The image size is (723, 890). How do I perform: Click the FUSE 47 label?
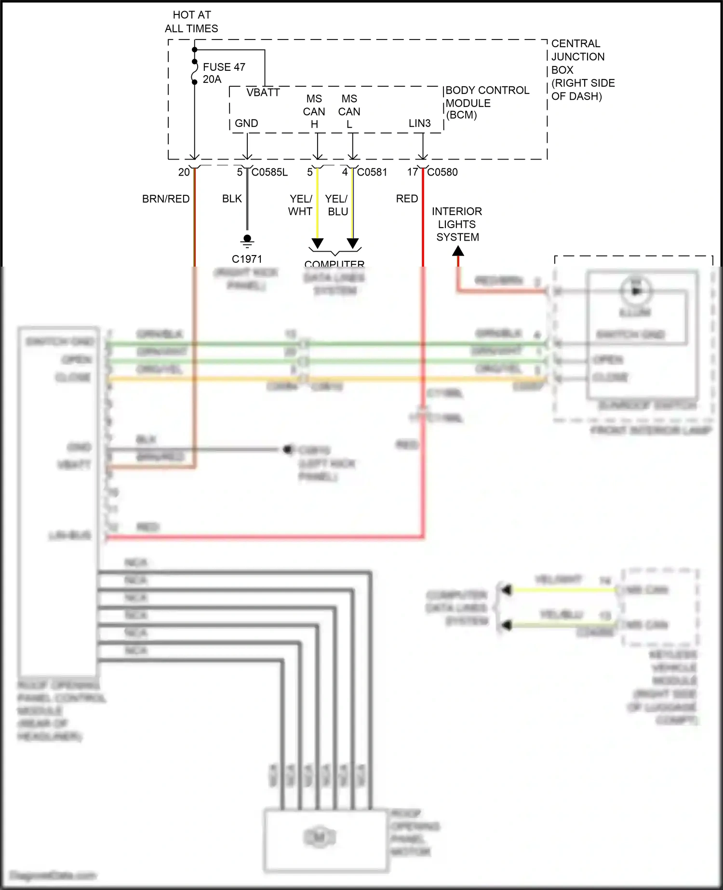224,67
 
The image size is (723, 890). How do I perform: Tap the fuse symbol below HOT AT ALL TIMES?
195,72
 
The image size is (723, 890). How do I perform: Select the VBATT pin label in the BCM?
263,93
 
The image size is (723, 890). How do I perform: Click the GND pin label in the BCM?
246,123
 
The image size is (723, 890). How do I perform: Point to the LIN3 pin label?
419,123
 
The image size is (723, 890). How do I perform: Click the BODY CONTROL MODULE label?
487,103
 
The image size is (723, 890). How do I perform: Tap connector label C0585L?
269,172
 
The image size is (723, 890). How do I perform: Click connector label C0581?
372,172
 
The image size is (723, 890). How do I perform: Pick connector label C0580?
442,172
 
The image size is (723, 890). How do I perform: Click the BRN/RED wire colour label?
166,199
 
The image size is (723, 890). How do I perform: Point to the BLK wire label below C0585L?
232,199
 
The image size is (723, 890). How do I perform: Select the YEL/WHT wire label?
300,205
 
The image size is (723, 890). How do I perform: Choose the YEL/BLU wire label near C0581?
336,205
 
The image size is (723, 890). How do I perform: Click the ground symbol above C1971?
247,240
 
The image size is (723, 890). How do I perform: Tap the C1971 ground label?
247,259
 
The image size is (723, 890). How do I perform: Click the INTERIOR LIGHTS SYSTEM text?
457,224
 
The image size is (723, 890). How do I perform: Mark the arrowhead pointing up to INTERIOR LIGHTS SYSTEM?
458,251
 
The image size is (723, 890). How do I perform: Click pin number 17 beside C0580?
412,172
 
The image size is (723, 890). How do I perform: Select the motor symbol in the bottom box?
319,837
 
